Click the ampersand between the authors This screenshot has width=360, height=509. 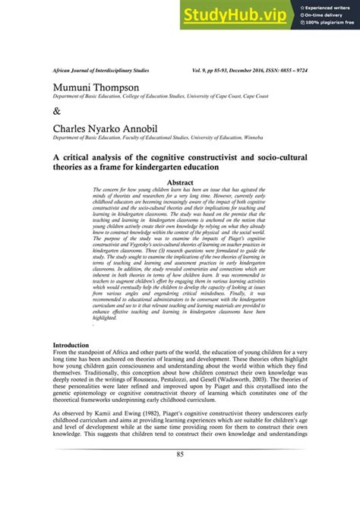coord(56,111)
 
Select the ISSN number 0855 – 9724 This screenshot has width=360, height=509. coord(293,69)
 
